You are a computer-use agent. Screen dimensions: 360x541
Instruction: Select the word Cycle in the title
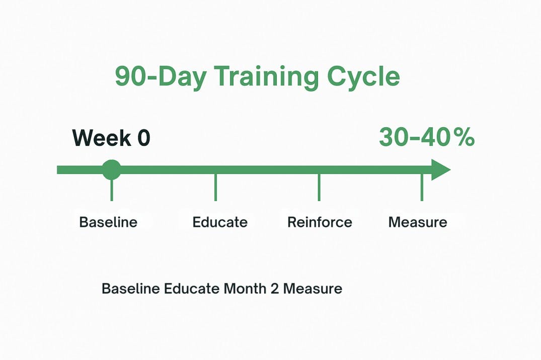363,77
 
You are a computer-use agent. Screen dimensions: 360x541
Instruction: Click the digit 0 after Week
143,138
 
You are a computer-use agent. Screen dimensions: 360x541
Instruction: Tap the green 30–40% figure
426,137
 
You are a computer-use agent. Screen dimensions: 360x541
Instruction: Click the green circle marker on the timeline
111,169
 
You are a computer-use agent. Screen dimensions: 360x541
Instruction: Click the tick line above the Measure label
422,188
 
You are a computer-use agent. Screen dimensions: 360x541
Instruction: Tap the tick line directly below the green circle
111,190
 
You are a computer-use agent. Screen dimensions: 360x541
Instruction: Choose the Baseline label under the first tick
108,222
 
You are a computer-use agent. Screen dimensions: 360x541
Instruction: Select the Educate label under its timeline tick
220,222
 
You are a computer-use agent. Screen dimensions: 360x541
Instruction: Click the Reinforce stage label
320,222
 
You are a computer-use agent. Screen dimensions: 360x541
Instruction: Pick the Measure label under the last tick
418,222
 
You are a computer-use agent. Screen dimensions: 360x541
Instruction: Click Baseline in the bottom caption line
130,289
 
